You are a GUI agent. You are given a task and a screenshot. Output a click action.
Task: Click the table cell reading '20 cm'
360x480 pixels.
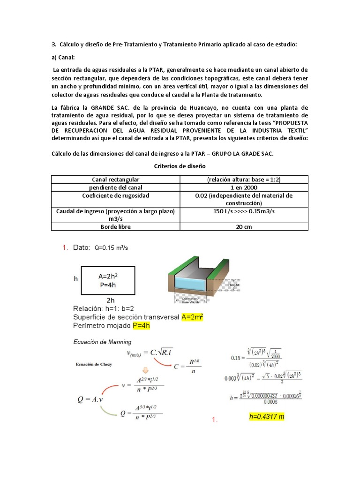244,226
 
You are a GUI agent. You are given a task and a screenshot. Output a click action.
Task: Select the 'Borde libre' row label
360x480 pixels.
115,226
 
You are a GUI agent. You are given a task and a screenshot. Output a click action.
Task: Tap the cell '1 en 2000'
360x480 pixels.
244,187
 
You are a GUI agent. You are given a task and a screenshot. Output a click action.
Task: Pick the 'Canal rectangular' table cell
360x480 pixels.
115,180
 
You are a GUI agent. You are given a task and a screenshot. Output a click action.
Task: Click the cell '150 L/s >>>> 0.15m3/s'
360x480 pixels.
244,211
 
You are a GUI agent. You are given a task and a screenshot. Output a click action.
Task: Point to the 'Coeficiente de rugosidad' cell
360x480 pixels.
115,195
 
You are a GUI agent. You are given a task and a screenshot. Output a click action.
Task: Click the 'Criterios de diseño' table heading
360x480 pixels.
180,166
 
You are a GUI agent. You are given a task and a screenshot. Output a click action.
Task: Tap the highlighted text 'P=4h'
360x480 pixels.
141,326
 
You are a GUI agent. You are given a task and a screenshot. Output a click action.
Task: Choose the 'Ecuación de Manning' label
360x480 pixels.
102,342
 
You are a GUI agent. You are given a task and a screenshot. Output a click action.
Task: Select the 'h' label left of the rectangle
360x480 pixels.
76,278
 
